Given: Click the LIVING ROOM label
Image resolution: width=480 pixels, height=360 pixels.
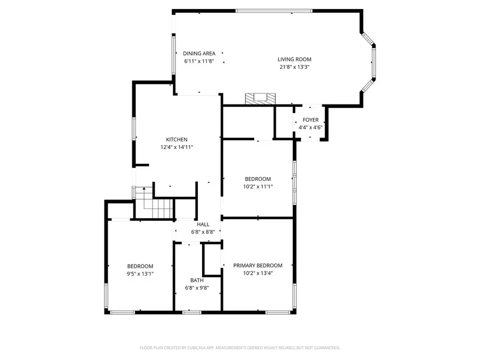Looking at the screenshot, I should coord(294,59).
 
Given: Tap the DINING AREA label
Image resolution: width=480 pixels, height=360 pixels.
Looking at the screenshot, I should coord(199,53).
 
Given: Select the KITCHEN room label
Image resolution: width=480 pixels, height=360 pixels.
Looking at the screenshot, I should coord(177,140).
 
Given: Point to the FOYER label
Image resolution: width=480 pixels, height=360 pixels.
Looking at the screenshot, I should coord(310,121).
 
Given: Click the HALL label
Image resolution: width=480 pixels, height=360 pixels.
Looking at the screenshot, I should coord(203,225).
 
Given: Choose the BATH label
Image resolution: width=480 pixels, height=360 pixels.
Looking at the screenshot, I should coord(197,280).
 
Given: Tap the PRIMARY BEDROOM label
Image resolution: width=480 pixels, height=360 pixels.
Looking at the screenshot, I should coord(258,266).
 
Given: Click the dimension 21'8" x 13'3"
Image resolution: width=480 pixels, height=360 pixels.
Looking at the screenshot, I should coord(294,67).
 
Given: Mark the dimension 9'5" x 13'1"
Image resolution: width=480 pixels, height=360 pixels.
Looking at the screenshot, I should coord(140,274).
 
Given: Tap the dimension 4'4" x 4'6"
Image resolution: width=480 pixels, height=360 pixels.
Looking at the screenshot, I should coord(310,127).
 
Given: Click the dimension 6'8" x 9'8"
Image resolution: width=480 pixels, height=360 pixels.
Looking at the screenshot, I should coord(197,287).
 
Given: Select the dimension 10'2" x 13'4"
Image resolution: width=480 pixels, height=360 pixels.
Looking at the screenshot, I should coord(258,273).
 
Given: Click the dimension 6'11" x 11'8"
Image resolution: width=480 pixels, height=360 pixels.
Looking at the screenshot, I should coord(199,61).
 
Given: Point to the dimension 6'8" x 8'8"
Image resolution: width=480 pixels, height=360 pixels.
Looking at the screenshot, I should coord(203,231).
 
